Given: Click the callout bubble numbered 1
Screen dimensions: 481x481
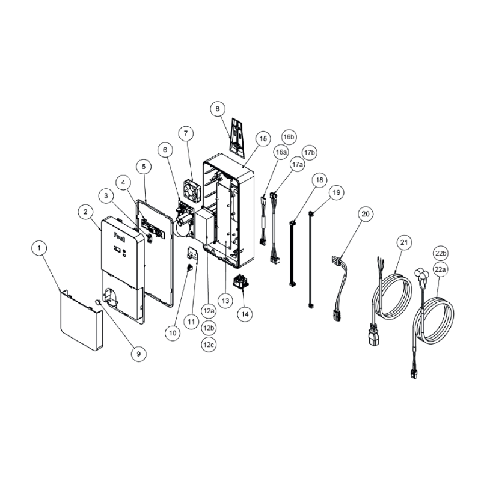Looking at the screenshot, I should click(x=40, y=248).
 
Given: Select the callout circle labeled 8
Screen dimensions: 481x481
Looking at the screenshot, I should click(x=218, y=109).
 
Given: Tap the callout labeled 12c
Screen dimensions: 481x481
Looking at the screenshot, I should click(x=208, y=345).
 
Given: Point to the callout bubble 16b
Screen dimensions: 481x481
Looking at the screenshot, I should click(x=289, y=138).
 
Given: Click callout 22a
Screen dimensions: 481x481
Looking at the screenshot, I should click(x=441, y=270).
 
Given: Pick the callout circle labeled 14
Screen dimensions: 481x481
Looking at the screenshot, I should click(x=244, y=313).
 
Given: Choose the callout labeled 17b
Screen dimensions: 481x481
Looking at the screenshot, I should click(x=309, y=153).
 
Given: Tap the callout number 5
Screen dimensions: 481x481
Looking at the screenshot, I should click(x=143, y=165).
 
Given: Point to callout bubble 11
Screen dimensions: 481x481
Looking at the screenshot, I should click(x=191, y=322).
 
